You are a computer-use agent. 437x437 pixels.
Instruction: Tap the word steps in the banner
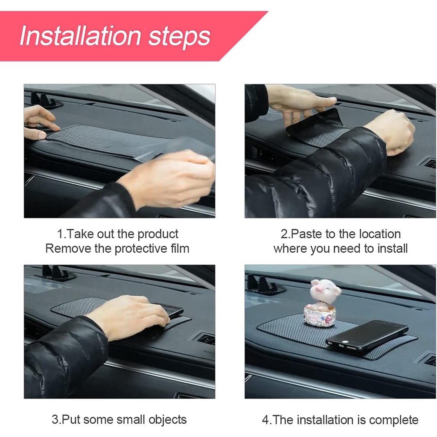[x=179, y=38]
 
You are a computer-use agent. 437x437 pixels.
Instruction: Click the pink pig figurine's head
[x=326, y=291]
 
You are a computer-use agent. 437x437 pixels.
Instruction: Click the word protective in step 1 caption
[x=141, y=249]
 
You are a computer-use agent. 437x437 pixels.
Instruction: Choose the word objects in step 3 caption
[x=167, y=420]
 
